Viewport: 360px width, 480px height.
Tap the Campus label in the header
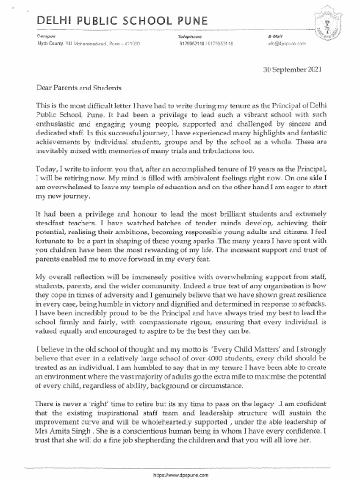(46, 36)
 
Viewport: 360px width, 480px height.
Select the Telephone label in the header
(189, 36)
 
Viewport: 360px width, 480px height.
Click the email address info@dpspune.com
(286, 43)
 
